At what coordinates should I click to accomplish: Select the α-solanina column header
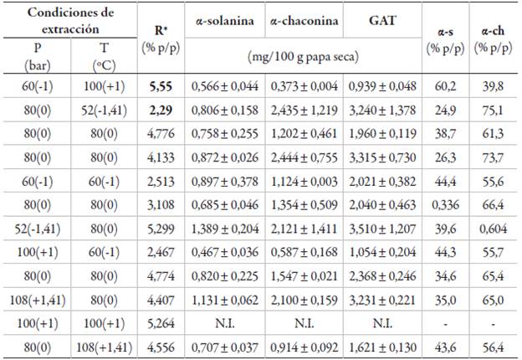225,20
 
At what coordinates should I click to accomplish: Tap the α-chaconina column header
304,20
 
